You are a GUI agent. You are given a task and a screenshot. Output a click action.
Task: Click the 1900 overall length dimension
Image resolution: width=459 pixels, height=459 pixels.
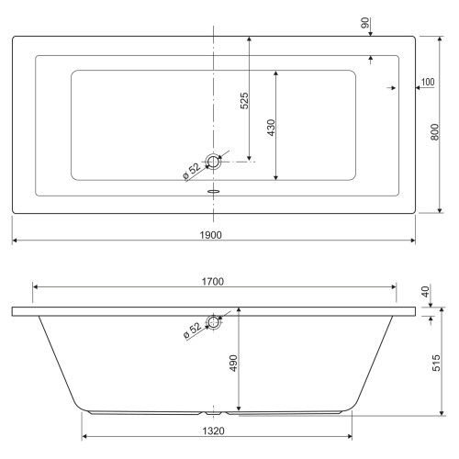tap(211, 235)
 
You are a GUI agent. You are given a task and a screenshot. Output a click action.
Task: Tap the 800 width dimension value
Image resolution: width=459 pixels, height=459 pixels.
tap(435, 132)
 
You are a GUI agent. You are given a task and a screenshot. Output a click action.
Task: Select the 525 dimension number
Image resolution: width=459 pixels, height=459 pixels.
tap(244, 101)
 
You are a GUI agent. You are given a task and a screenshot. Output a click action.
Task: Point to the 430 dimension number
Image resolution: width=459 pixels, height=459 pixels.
tap(271, 128)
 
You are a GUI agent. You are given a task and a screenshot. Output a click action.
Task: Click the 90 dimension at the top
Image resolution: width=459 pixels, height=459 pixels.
tap(365, 23)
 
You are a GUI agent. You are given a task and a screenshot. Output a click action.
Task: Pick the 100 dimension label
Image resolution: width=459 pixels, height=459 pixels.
tap(428, 82)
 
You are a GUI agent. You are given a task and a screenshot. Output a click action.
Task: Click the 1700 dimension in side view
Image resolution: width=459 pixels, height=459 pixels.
tap(213, 282)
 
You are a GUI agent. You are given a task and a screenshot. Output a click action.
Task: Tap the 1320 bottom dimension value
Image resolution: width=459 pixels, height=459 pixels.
tap(214, 431)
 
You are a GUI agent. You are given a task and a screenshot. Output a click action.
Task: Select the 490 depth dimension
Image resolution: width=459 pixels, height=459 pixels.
tap(233, 364)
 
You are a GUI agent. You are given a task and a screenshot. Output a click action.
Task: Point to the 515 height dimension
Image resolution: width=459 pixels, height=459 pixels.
tap(436, 363)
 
